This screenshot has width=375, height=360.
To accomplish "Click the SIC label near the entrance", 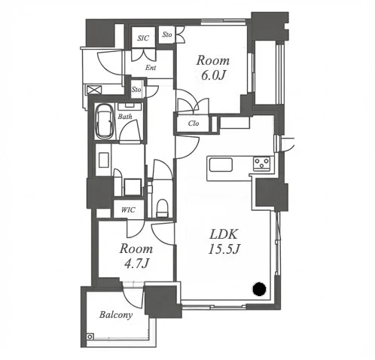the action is (x=143, y=38).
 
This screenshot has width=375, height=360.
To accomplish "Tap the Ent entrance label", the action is (x=151, y=68).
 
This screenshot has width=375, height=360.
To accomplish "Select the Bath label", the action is (x=125, y=117).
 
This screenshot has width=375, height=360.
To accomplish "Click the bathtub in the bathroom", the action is (x=105, y=122).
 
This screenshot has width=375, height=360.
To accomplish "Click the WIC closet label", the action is (x=128, y=209).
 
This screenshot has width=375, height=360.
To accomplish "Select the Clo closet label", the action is (x=194, y=124).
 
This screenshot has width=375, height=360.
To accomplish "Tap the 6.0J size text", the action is (x=213, y=75).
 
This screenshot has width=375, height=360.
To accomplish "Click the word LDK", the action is (x=224, y=234).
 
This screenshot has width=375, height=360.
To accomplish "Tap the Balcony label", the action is (x=116, y=315).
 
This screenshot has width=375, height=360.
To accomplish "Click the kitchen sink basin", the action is (x=221, y=165).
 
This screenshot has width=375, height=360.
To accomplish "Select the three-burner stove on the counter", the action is (x=261, y=163).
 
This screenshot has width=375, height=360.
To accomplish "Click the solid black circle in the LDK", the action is (x=259, y=288).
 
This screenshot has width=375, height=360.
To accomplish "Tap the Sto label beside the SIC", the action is (x=167, y=35).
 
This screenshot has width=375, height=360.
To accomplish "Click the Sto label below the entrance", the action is (x=136, y=90).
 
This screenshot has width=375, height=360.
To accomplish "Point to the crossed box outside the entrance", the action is (x=94, y=90).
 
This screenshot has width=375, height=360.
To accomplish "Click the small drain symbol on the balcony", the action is (x=90, y=336).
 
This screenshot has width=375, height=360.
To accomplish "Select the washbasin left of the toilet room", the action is (x=104, y=160).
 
